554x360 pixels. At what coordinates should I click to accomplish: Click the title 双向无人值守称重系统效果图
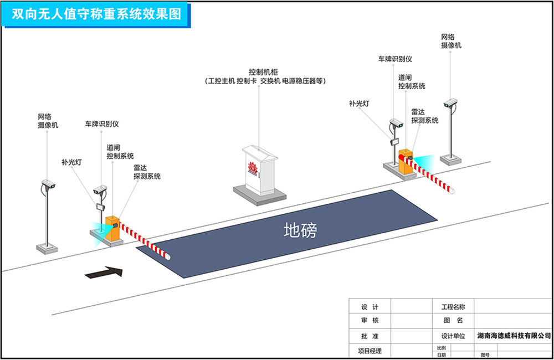[x=97, y=14]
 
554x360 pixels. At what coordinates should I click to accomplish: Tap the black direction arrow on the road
[x=104, y=272]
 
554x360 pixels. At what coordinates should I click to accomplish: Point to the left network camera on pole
[x=48, y=184]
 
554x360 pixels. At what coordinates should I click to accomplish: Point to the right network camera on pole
[x=451, y=103]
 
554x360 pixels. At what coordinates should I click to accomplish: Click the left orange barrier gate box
[x=112, y=228]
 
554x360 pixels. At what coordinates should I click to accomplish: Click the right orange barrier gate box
[x=406, y=162]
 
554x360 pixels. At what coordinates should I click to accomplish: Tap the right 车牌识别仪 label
[x=395, y=59]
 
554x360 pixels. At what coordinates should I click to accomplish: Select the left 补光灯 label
[x=71, y=162]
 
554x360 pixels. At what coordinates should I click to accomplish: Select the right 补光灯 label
[x=360, y=103]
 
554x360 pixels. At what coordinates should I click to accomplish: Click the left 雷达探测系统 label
[x=147, y=172]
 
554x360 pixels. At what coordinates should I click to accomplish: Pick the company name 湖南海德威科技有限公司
[x=514, y=336]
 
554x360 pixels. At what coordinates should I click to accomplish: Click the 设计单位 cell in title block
[x=453, y=336]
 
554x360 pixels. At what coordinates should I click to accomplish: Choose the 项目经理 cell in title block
[x=368, y=351]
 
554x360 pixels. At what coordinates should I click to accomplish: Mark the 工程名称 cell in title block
[x=453, y=306]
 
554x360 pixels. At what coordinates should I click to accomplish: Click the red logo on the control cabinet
[x=254, y=166]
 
